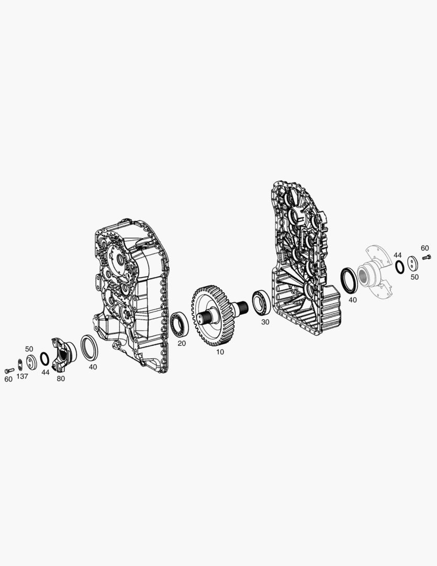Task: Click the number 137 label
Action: (x=22, y=376)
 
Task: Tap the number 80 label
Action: (x=61, y=379)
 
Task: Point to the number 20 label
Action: (x=182, y=343)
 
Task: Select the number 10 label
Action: (x=220, y=352)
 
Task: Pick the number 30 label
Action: (x=265, y=322)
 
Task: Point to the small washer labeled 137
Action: (x=20, y=364)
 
